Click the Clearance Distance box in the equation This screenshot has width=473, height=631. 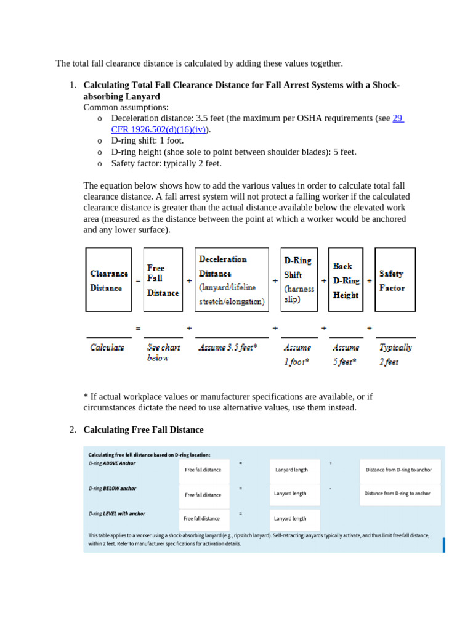[x=108, y=280]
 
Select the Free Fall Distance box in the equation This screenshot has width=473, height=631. [x=163, y=280]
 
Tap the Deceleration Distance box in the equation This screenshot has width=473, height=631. [x=232, y=280]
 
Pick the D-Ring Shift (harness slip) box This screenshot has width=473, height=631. [x=299, y=280]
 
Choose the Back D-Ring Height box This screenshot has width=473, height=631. [x=347, y=280]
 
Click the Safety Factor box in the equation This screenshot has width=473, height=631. [x=395, y=280]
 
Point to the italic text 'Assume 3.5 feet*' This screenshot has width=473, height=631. [x=228, y=348]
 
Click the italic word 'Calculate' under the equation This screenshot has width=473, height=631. [x=107, y=348]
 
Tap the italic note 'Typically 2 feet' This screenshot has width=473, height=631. [x=395, y=354]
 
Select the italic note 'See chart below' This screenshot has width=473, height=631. [x=163, y=352]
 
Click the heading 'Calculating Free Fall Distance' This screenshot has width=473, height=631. [x=143, y=429]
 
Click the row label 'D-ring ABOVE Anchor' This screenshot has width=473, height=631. [x=112, y=463]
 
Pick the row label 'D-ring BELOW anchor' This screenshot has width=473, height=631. [x=112, y=488]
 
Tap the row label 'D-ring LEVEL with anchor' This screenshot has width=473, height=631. [x=117, y=513]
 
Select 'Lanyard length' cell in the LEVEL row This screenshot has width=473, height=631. [x=290, y=519]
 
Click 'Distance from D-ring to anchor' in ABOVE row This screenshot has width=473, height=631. [x=398, y=470]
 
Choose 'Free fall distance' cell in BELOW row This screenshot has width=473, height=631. [x=203, y=495]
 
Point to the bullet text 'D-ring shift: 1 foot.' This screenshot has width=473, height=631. [x=147, y=140]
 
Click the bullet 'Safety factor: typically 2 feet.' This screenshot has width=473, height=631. [x=166, y=163]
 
